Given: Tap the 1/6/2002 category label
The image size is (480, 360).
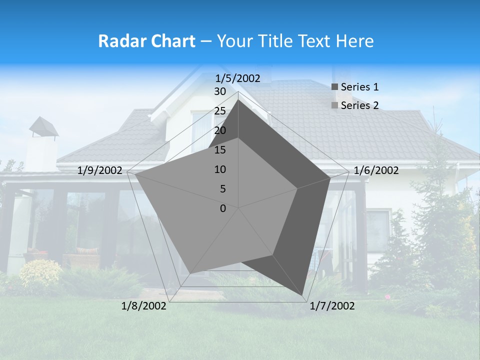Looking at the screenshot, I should (x=376, y=170).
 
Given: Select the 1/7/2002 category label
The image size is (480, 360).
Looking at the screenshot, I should (x=332, y=306).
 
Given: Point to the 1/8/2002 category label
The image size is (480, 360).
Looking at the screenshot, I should (x=144, y=306).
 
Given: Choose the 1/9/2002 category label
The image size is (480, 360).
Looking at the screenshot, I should (x=100, y=170).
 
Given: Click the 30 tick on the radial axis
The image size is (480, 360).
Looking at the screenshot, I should (x=220, y=91).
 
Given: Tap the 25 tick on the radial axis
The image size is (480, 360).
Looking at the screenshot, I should (x=220, y=111).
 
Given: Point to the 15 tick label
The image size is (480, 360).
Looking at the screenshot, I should (x=220, y=150).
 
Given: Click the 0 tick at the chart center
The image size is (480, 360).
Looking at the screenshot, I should (x=223, y=208).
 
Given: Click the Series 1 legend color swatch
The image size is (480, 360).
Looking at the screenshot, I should (x=335, y=87).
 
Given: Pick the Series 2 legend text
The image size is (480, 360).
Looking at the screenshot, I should (x=359, y=105).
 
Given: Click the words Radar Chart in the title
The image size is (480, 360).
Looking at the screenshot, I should (x=146, y=41).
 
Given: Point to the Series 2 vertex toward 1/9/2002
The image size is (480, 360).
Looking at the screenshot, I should (x=135, y=174).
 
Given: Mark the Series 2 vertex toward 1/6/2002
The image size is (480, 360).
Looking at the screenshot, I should (x=297, y=188).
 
